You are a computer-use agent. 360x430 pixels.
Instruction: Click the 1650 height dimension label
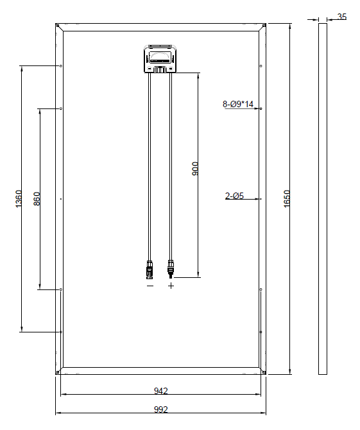(286, 198)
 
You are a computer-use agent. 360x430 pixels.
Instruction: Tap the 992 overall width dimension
(160, 409)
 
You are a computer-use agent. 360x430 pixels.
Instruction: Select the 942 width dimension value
(160, 390)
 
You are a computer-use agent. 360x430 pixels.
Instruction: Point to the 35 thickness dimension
(342, 17)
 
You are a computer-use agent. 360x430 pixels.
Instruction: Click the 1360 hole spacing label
(19, 198)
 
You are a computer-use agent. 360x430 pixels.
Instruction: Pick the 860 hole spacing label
(37, 198)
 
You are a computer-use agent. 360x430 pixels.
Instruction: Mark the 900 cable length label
(195, 169)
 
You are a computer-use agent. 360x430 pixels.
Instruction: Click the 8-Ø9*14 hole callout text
(238, 104)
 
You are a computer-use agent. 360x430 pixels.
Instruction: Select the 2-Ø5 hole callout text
(234, 196)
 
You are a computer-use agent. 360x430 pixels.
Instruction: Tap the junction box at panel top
(160, 59)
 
